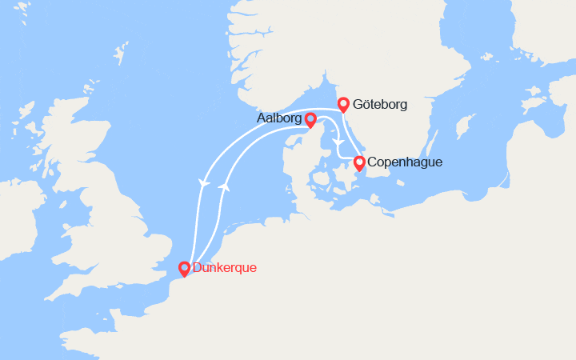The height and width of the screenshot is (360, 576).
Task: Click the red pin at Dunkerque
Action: click(184, 269)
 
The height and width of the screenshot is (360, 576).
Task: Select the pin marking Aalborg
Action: click(310, 119)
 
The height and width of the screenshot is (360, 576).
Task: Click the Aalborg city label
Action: click(278, 118)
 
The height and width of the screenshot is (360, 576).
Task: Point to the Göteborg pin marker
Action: click(343, 104)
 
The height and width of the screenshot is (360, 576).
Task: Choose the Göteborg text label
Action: click(380, 104)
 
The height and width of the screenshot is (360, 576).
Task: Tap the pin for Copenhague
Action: click(359, 163)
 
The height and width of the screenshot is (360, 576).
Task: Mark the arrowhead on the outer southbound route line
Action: click(205, 183)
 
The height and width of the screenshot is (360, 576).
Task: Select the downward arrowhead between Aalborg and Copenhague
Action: click(338, 143)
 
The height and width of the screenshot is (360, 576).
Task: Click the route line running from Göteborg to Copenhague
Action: click(350, 135)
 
